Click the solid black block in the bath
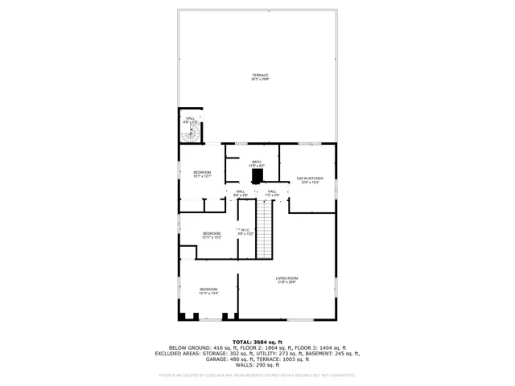pyautogui.click(x=257, y=176)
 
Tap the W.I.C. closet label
pyautogui.click(x=245, y=232)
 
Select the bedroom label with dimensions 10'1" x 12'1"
pyautogui.click(x=202, y=175)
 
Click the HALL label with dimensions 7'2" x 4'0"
pyautogui.click(x=272, y=193)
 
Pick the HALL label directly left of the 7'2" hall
pyautogui.click(x=240, y=193)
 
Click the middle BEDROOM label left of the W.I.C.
pyautogui.click(x=212, y=236)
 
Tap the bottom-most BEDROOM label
pyautogui.click(x=208, y=291)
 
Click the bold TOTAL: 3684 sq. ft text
pyautogui.click(x=257, y=342)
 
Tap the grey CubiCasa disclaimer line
pyautogui.click(x=257, y=376)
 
